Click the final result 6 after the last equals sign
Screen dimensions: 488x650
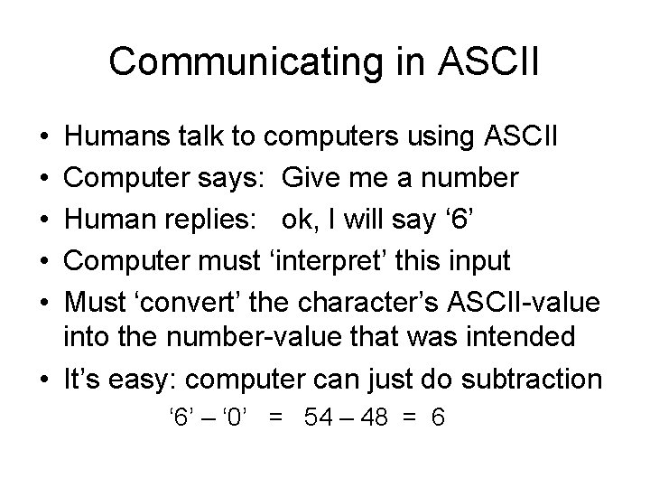click(x=438, y=418)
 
